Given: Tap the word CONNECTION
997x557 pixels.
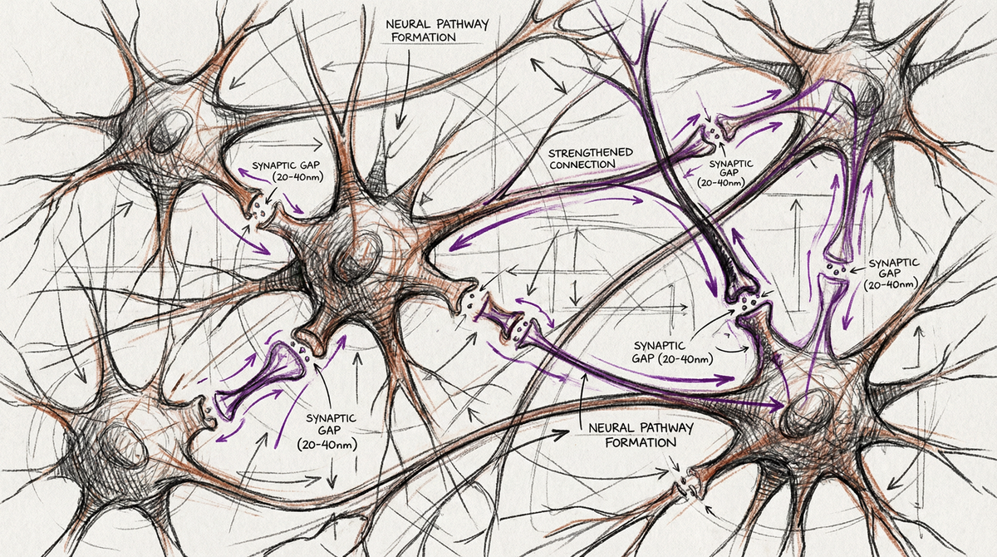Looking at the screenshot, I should click(x=581, y=165).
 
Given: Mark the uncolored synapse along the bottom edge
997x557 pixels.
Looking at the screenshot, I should click(x=686, y=487).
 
